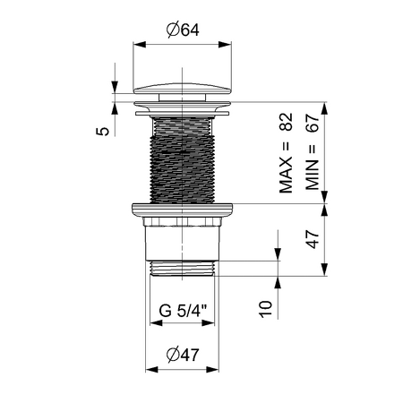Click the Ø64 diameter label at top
tap(183, 29)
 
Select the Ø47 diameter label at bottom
tap(183, 353)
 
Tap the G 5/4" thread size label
tap(183, 313)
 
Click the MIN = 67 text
tap(313, 155)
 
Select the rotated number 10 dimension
tap(265, 310)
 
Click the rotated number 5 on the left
tap(105, 131)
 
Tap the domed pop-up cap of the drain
tap(183, 93)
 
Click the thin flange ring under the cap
tap(183, 112)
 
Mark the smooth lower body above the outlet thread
tap(183, 240)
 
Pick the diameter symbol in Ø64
tap(172, 29)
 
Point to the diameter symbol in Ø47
tap(172, 353)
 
